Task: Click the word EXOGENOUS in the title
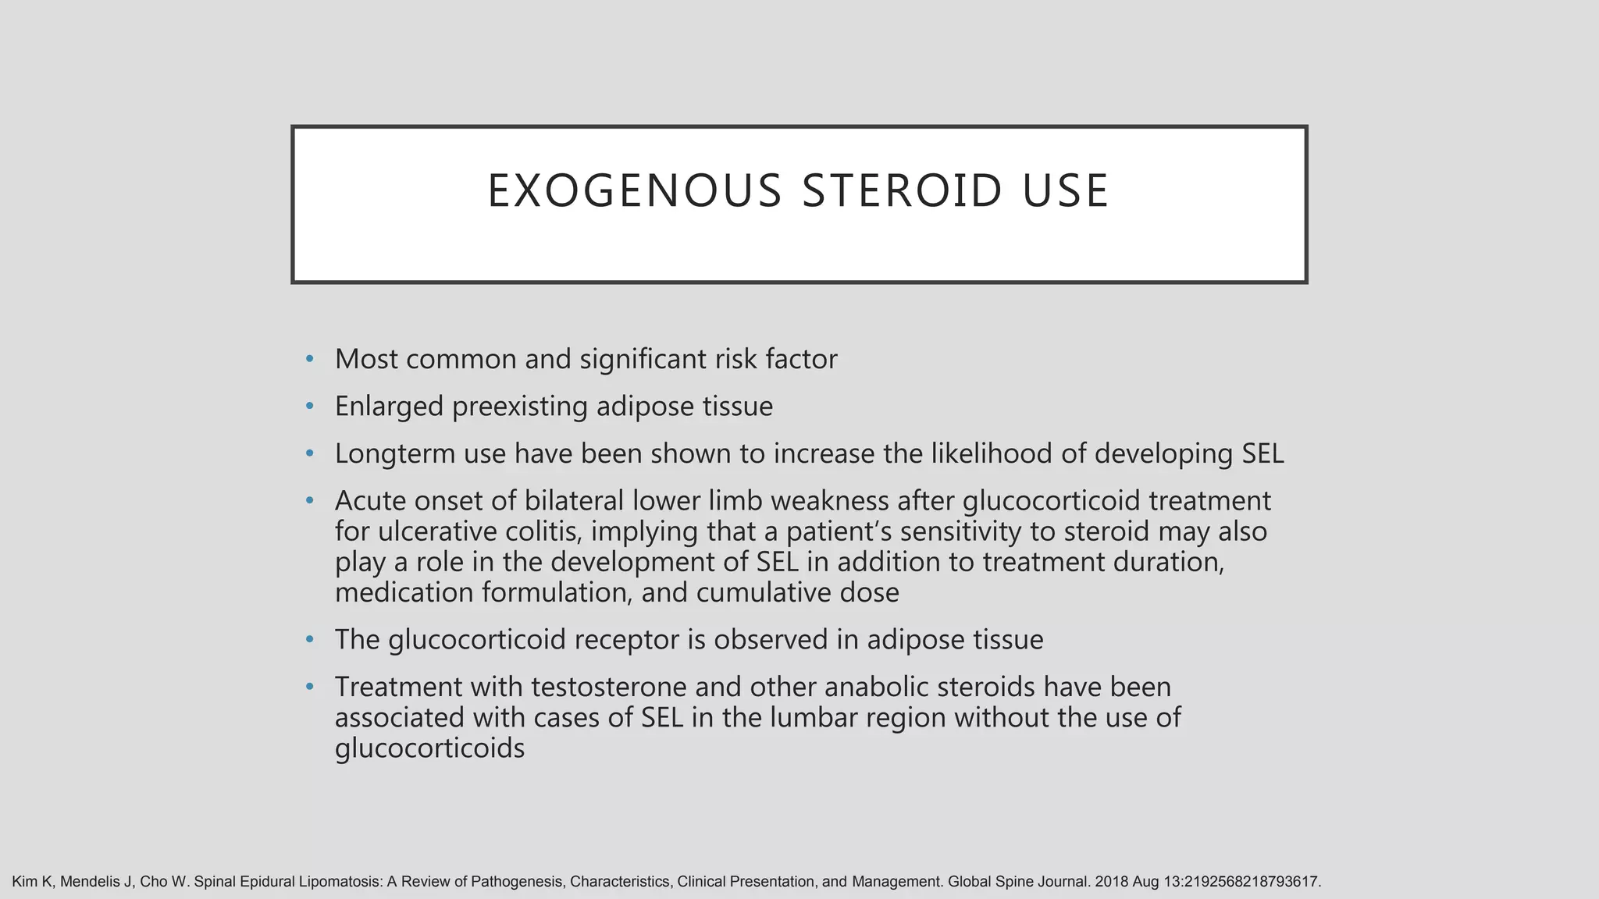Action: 634,191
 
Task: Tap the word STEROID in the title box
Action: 902,191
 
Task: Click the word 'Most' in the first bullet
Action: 367,359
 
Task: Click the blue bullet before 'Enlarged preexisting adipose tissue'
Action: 310,407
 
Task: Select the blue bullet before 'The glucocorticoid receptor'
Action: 310,640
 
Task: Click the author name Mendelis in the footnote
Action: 87,882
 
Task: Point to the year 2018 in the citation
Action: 1112,882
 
